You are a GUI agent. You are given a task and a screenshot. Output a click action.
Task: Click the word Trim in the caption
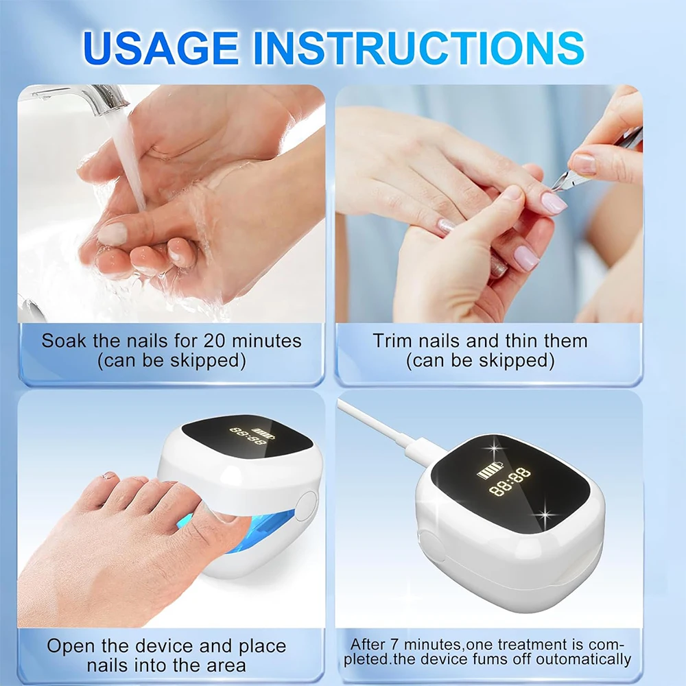click(392, 340)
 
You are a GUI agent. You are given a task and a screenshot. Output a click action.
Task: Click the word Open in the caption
click(71, 646)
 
